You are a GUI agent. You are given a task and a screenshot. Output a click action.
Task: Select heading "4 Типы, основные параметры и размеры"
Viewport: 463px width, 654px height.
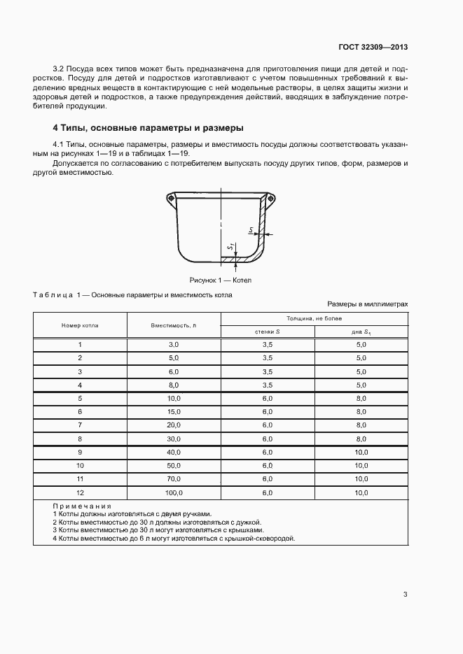point(148,128)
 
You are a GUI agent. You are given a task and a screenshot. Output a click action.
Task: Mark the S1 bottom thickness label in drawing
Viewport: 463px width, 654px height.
point(230,247)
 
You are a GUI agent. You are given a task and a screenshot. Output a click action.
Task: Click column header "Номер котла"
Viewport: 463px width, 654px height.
point(80,326)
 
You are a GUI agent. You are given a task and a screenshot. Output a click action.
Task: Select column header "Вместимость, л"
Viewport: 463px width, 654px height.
point(173,326)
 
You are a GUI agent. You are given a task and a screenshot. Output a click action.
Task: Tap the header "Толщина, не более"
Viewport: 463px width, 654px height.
point(314,318)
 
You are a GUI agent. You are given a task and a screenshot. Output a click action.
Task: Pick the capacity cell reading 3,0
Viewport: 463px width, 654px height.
point(173,345)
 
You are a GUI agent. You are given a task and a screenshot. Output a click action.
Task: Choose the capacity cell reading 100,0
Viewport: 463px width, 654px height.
point(173,494)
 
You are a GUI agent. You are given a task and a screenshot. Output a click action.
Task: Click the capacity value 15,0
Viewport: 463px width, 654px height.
point(173,411)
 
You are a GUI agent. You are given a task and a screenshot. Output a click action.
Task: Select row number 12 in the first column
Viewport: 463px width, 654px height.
point(80,494)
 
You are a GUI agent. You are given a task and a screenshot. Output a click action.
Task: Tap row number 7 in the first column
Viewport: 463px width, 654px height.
point(80,425)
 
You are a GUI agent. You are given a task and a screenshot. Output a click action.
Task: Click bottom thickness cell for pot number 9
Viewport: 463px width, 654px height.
point(361,452)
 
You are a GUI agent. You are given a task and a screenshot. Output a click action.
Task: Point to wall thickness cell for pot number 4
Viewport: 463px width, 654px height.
point(267,385)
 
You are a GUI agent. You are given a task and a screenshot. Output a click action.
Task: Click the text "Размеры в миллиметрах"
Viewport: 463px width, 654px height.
point(367,304)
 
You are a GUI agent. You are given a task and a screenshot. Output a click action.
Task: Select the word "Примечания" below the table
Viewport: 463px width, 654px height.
point(83,506)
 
